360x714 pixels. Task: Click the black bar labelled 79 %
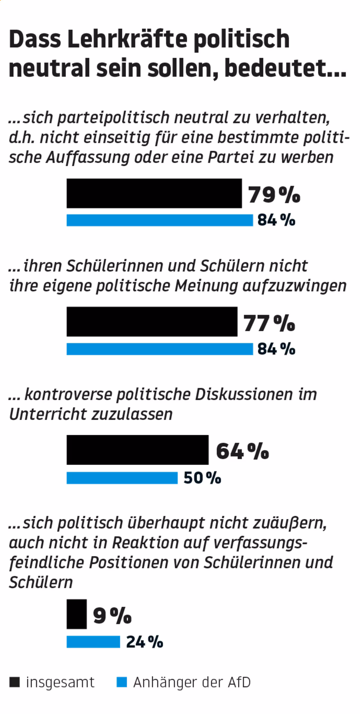tap(154, 193)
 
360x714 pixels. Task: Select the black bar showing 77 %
tap(152, 321)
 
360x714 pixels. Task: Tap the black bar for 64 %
tap(137, 450)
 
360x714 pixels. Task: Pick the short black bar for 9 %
tap(76, 614)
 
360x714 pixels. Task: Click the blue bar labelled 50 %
tap(122, 478)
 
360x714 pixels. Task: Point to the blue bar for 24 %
tap(93, 642)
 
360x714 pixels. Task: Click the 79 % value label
tap(274, 195)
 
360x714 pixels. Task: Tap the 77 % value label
tap(269, 323)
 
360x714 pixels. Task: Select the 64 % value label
tap(242, 451)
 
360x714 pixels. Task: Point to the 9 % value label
tap(112, 615)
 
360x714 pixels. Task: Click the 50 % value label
tap(202, 478)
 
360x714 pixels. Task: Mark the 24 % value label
tap(144, 642)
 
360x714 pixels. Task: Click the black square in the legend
tap(14, 682)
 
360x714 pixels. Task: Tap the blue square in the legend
tap(122, 682)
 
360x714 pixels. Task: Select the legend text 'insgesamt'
tap(60, 682)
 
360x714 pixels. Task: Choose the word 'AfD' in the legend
tap(239, 682)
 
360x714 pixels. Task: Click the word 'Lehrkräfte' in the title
tap(127, 39)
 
